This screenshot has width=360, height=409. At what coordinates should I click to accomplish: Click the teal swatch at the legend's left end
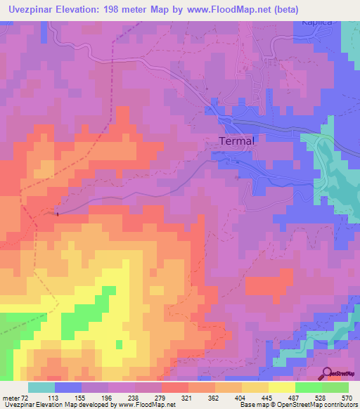(41, 387)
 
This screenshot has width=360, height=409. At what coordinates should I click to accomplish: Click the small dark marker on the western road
(57, 212)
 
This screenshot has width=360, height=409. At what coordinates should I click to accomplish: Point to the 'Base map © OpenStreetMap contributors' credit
(298, 404)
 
